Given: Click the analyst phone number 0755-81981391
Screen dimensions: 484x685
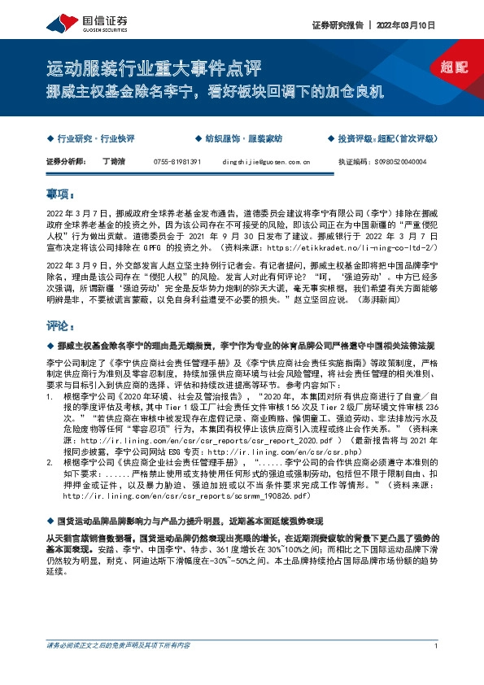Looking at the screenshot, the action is (x=177, y=162).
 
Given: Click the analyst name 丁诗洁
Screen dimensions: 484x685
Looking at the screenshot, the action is (x=112, y=162).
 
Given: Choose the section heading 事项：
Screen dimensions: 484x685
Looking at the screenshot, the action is (x=61, y=195).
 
